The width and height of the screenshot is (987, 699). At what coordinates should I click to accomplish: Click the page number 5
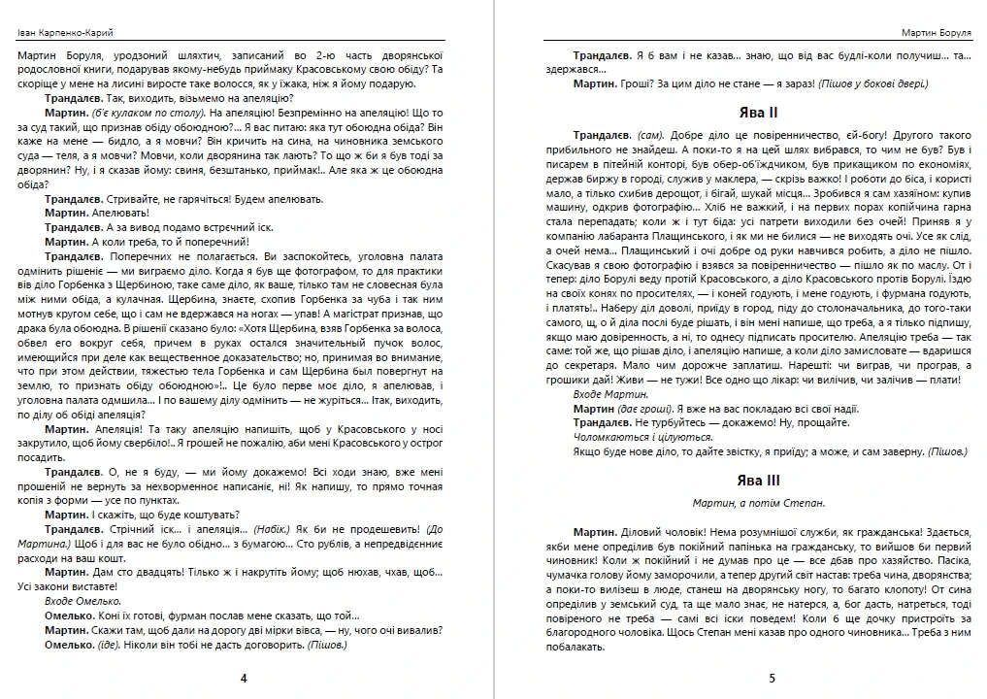coord(772,679)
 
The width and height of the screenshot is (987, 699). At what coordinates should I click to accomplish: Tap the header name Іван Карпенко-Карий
coord(65,32)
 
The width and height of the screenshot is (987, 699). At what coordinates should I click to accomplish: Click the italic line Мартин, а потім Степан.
coord(758,503)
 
